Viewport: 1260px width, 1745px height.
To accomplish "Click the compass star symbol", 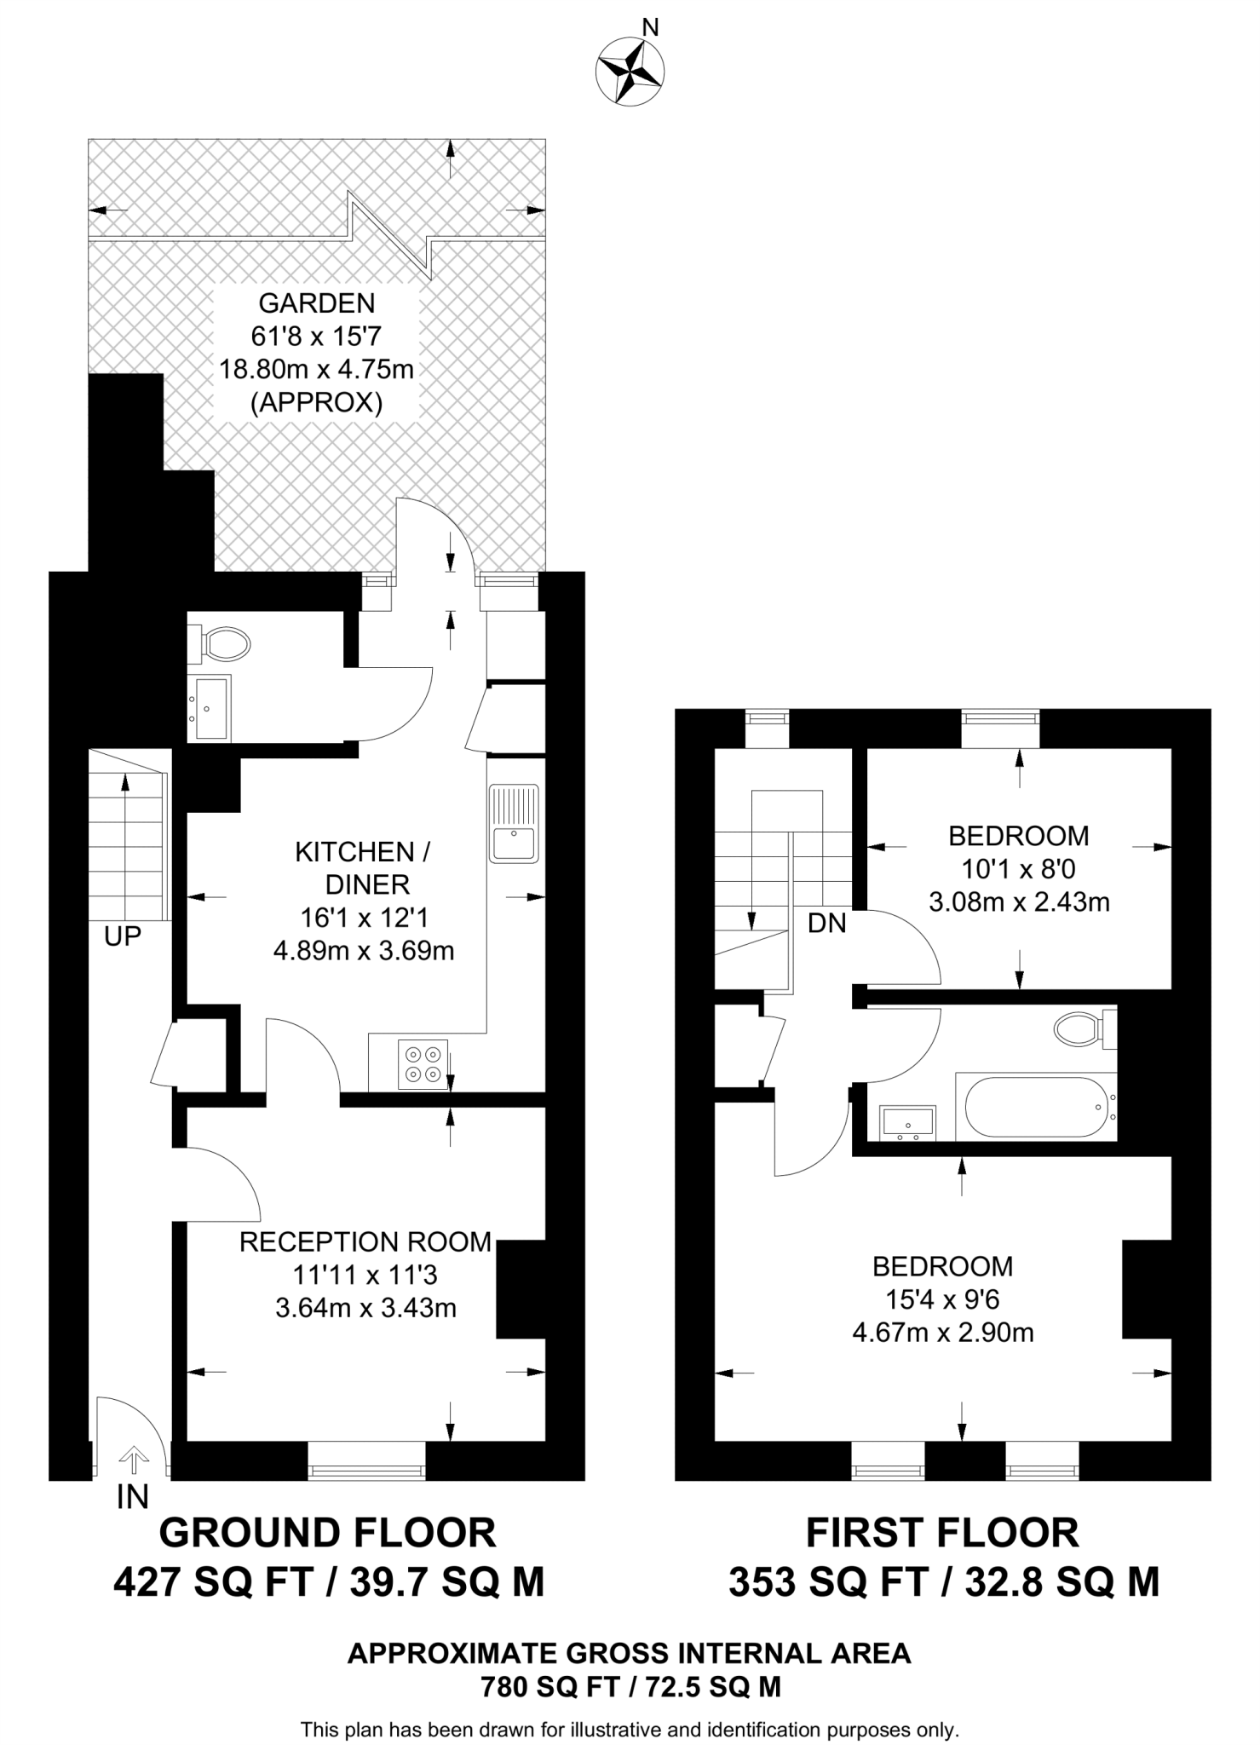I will (630, 72).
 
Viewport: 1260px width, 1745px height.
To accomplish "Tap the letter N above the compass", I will (650, 28).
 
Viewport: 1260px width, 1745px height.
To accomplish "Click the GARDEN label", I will (316, 302).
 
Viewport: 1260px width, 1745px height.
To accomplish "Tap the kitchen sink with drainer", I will (514, 821).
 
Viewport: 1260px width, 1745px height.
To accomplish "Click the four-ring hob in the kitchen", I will (423, 1064).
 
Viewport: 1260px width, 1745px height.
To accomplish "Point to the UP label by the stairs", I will (122, 937).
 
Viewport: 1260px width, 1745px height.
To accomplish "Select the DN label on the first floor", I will (826, 923).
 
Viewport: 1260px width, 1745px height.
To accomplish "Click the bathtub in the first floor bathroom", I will (1034, 1107).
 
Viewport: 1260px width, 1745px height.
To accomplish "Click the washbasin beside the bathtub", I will (907, 1122).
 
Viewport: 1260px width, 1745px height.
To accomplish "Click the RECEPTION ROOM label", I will (365, 1242).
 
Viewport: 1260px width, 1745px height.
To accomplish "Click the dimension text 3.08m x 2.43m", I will (1019, 901).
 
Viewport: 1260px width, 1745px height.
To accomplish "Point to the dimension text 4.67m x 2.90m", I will (943, 1333).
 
